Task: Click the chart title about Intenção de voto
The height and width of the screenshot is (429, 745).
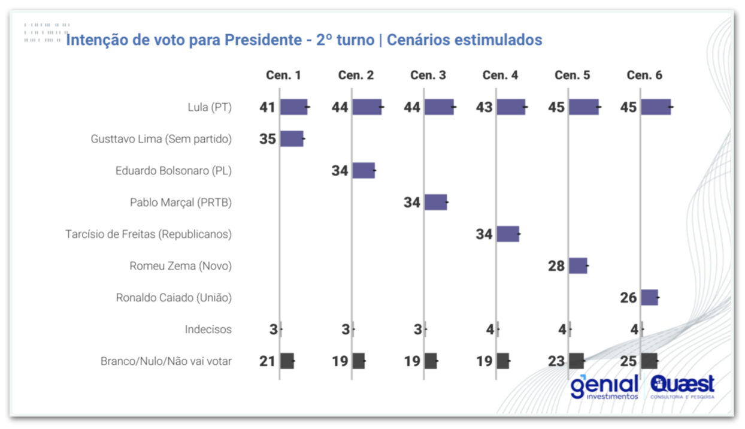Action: click(304, 40)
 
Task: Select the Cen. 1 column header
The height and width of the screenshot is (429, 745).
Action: click(283, 75)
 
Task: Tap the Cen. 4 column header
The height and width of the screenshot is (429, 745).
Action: click(500, 75)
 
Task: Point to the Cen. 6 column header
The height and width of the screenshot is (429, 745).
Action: click(644, 75)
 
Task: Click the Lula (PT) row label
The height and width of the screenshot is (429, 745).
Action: click(209, 107)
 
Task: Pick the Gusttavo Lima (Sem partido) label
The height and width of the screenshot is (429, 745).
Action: click(161, 139)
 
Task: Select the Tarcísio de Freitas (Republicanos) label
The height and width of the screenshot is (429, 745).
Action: click(149, 234)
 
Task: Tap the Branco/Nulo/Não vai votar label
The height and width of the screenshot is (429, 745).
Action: click(166, 361)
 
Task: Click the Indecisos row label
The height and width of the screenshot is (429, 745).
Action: click(208, 330)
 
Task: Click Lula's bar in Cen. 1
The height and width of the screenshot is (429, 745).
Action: click(293, 107)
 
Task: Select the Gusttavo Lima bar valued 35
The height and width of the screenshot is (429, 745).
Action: click(292, 139)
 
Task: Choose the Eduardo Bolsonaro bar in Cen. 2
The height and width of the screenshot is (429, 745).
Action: click(364, 171)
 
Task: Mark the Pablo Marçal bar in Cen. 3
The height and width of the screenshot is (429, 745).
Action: click(435, 203)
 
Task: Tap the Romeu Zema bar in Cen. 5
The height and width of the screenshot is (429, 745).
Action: click(578, 266)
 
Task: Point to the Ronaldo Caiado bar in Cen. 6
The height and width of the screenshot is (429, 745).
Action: click(649, 298)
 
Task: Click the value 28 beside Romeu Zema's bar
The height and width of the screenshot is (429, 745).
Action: click(556, 266)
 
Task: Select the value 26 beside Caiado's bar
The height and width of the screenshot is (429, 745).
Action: click(628, 298)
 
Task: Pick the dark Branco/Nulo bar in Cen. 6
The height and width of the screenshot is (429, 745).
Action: click(649, 361)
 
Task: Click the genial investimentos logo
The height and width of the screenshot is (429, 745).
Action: click(604, 386)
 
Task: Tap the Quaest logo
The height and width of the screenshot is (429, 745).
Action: click(683, 386)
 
